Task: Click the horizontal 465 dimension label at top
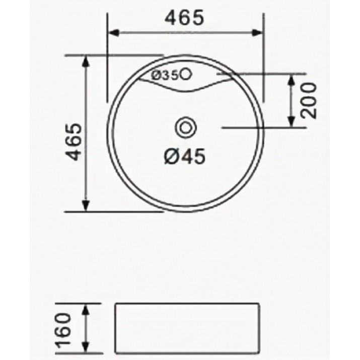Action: (184, 18)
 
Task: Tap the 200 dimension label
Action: (309, 100)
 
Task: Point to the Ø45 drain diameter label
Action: (185, 157)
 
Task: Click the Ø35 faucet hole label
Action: (165, 75)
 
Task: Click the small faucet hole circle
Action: (186, 74)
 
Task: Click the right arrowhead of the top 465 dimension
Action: (257, 33)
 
